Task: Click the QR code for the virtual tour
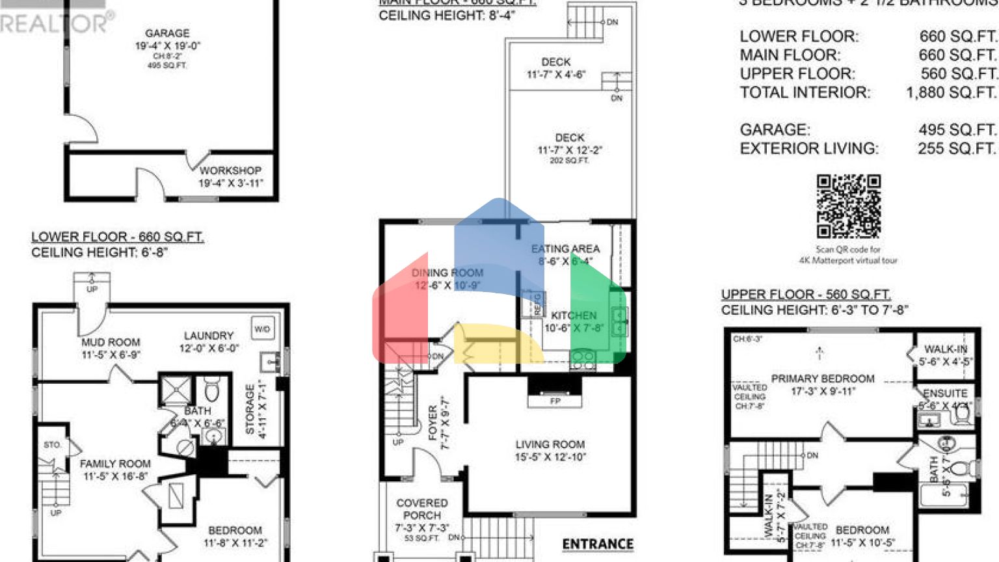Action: tap(848, 206)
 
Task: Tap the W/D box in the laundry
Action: tap(262, 329)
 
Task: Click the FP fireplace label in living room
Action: tap(555, 401)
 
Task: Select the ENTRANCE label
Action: tap(598, 544)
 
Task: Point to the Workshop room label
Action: tap(230, 170)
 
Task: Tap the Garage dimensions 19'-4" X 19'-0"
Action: tap(168, 46)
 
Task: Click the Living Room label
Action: tap(550, 444)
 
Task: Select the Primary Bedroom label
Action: tap(823, 379)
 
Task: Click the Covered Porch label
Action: tap(422, 509)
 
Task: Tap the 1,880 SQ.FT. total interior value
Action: tap(951, 92)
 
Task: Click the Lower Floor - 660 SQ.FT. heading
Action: tap(117, 237)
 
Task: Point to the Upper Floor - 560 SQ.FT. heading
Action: tap(806, 294)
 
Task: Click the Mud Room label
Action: tap(111, 342)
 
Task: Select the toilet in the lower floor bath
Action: tap(212, 390)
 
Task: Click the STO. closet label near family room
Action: tap(53, 445)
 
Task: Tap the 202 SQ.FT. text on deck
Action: tap(569, 161)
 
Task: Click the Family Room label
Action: tap(115, 464)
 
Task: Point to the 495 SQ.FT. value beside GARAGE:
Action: tap(957, 129)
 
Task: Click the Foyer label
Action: tap(433, 423)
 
